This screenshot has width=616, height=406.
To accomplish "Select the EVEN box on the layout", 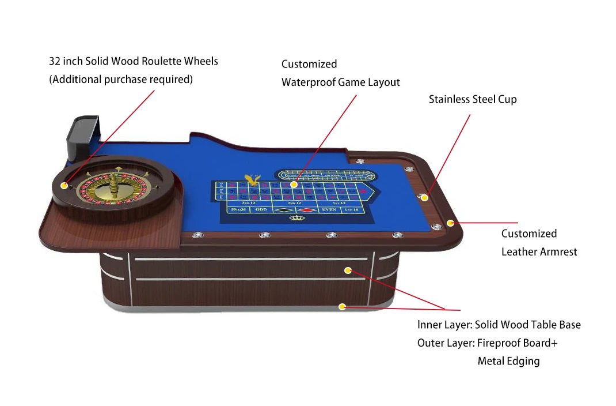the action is coord(329,210).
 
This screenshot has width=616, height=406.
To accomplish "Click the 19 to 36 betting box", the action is coord(237,210).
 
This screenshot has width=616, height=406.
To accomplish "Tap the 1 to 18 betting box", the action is coord(351,210).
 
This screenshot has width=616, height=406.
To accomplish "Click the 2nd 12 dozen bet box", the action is coord(294,203).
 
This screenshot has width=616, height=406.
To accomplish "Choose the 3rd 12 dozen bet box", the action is coord(248,203).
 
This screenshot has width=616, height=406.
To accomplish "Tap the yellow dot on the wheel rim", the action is coord(63,186).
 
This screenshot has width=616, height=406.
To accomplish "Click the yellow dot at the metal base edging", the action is coord(342,307).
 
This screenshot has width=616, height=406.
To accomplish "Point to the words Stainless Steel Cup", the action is coord(473,99).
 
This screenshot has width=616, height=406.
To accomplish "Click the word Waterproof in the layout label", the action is coord(308,82).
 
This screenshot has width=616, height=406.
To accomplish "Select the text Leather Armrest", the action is coord(539,251).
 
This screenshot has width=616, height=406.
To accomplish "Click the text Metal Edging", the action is coord(508,361).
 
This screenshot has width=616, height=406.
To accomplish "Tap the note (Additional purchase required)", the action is coord(121,80).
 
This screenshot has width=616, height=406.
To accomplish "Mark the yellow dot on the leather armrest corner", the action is coord(450,223).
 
